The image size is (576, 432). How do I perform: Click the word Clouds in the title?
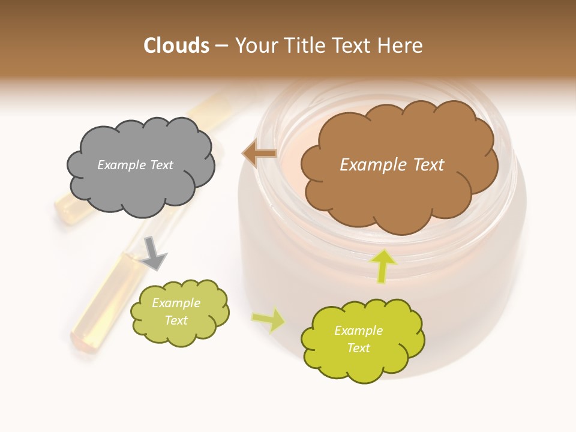click(x=176, y=46)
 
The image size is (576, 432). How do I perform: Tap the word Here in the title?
click(x=401, y=46)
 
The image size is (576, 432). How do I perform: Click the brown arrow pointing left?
click(x=259, y=154)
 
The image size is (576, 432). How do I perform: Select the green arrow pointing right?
click(x=269, y=319)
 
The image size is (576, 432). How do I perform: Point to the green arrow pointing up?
click(x=382, y=265)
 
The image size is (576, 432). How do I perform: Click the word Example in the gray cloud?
click(x=121, y=165)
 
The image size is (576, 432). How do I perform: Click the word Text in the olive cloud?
click(x=176, y=320)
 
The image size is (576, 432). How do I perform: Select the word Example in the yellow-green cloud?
click(x=358, y=331)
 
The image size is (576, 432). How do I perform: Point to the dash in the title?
click(x=221, y=46)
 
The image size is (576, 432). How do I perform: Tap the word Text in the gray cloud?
click(x=161, y=165)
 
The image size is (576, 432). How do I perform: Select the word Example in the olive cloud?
click(x=176, y=303)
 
